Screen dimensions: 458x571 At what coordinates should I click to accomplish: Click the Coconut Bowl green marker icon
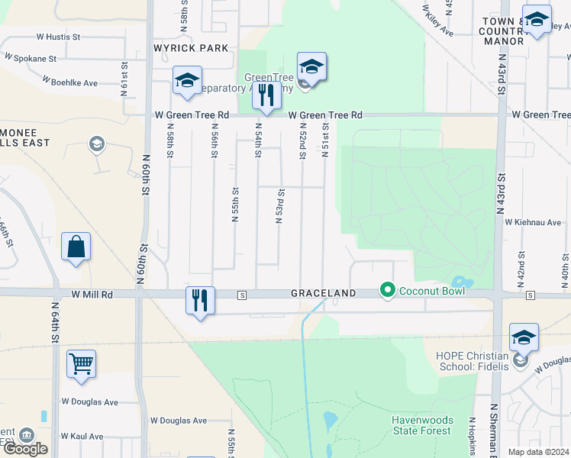[388, 290]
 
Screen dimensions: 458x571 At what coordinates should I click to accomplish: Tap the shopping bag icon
[76, 247]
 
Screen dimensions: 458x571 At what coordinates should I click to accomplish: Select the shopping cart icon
[81, 364]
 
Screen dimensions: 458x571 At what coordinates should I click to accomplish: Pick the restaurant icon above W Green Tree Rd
[266, 96]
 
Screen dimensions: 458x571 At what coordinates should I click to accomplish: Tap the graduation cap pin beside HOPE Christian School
[524, 337]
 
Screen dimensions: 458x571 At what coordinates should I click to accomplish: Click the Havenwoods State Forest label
[422, 426]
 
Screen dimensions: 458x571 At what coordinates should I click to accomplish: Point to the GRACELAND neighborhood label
[323, 293]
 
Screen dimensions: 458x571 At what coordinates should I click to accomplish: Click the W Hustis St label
[58, 36]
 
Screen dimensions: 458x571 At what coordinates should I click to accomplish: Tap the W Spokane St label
[31, 58]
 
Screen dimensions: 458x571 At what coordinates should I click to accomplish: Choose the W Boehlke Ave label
[70, 82]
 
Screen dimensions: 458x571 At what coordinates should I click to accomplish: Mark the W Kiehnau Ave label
[533, 222]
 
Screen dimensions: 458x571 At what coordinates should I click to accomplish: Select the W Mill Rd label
[92, 294]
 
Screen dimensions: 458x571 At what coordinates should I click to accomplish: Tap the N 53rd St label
[280, 206]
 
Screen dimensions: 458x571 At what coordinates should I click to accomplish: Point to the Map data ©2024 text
[539, 452]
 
